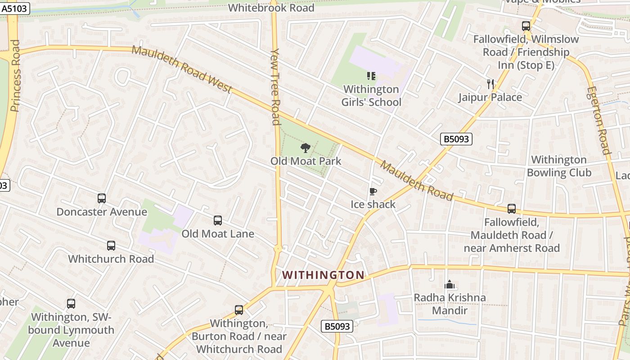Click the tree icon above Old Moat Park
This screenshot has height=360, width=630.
[306, 148]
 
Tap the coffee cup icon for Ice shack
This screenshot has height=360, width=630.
[373, 192]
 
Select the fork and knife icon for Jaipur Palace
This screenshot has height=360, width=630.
[490, 84]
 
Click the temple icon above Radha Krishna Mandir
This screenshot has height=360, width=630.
[449, 284]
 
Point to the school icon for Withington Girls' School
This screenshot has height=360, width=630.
[371, 76]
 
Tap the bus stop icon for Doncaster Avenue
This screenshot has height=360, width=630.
[102, 198]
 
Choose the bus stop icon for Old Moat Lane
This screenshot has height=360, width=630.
[218, 220]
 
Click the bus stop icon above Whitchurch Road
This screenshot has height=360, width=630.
[111, 246]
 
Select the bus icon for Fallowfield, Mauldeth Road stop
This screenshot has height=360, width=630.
[512, 209]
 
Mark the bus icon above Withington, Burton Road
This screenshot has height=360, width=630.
[239, 310]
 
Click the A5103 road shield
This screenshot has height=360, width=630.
[15, 8]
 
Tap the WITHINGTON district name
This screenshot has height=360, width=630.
[323, 275]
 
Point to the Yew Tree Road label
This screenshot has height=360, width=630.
[276, 86]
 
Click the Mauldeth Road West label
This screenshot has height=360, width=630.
[182, 69]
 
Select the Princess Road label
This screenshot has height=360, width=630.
[15, 76]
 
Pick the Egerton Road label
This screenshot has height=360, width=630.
[598, 120]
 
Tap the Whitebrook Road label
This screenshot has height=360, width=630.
[271, 8]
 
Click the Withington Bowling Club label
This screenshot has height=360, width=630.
[559, 166]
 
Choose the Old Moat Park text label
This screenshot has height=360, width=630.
[306, 161]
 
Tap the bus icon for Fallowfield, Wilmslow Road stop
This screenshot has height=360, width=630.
[526, 26]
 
